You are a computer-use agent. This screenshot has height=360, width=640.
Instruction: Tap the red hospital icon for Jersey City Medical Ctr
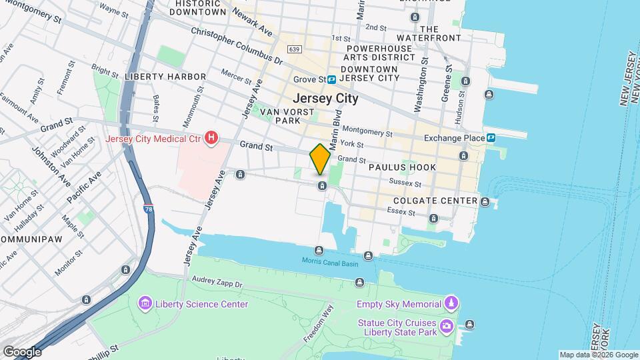coord(211,139)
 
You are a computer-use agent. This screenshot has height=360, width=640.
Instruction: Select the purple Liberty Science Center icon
coord(145,305)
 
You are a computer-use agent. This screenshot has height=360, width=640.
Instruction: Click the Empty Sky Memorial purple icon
coord(451,304)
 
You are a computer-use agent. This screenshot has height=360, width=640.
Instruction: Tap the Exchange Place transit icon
coord(491,138)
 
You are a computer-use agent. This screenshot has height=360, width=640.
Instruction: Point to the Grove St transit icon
coord(331,80)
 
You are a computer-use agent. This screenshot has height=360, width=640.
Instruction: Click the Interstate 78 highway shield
coord(147,209)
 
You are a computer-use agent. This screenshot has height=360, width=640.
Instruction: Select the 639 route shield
coord(294,49)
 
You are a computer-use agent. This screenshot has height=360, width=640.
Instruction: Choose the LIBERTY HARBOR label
coord(165,77)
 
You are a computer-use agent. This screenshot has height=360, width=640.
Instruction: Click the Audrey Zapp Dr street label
coord(218,282)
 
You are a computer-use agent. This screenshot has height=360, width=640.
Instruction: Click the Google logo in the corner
coord(21,351)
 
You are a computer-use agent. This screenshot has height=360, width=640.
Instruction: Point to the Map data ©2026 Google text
coord(599,355)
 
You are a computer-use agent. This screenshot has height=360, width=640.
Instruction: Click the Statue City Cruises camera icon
coord(447,325)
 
